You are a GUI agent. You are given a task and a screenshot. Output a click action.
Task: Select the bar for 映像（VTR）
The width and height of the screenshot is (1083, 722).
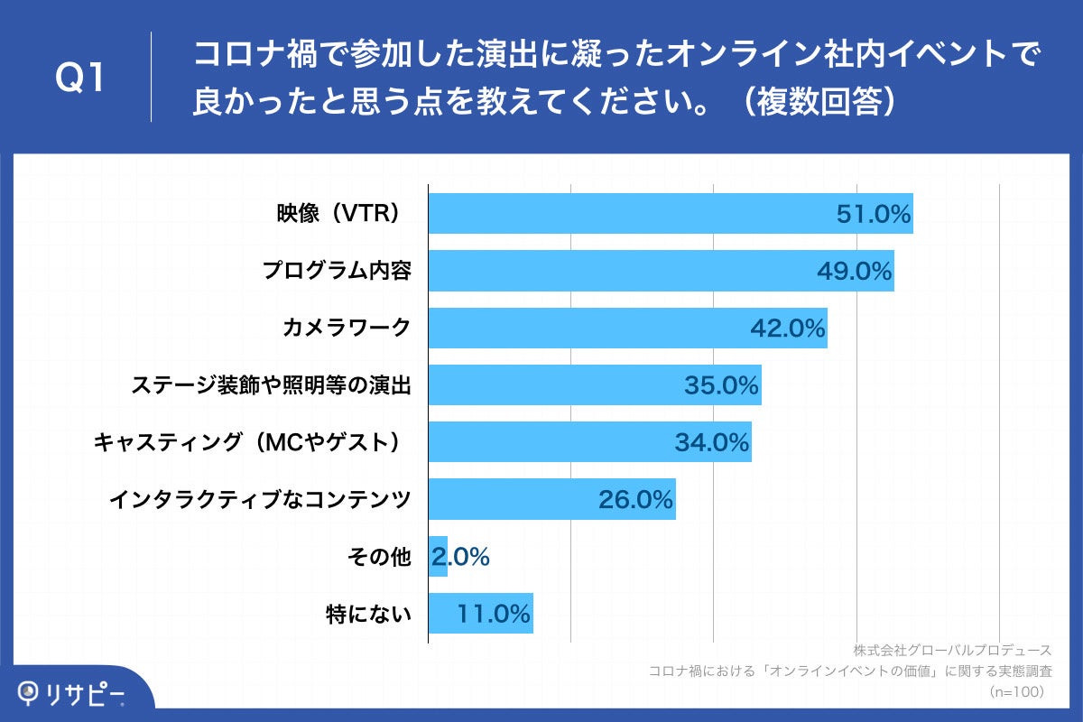[632, 214]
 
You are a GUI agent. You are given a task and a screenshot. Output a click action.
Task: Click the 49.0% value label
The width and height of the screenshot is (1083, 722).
[855, 271]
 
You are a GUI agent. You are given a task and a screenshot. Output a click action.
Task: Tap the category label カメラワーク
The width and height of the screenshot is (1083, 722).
[346, 329]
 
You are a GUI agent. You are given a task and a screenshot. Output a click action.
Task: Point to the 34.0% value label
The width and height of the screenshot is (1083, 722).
[712, 443]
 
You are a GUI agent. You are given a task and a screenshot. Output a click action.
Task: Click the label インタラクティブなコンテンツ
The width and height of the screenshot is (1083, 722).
[260, 500]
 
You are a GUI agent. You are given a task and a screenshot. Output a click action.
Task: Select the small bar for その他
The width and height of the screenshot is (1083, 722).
[438, 557]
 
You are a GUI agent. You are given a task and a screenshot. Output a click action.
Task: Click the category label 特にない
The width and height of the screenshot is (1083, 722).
[368, 615]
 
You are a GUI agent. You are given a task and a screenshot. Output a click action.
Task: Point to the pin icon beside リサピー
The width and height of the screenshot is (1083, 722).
[32, 692]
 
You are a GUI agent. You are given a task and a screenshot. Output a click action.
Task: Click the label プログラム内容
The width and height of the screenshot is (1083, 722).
[337, 271]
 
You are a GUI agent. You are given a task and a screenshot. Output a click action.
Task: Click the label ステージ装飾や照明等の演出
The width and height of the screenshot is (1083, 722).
[271, 385]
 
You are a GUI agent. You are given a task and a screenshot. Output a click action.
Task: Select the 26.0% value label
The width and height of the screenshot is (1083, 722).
[636, 500]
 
